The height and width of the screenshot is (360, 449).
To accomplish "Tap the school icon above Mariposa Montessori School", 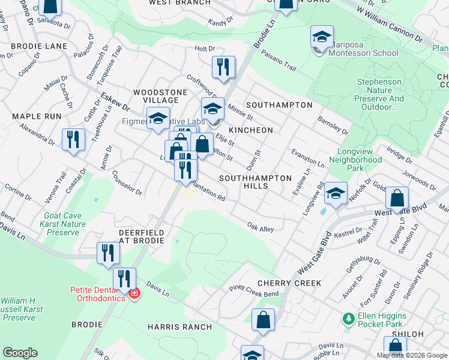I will point(322,38).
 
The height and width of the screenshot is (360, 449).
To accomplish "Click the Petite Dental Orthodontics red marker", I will point(134,294).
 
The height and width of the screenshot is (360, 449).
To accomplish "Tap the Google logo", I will point(20,353).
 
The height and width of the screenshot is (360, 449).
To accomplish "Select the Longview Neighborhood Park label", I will point(359,156).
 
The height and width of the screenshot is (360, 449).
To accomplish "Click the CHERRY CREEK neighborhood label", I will point(289,283).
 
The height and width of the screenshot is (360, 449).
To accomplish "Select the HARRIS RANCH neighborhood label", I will point(179,327).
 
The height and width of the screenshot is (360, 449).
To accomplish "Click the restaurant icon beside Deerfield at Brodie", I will point(107,252).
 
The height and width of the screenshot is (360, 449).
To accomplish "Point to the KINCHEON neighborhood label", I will point(251,130).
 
